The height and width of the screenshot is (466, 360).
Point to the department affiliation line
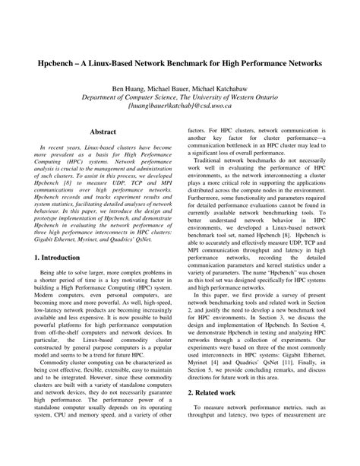point(181,98)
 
